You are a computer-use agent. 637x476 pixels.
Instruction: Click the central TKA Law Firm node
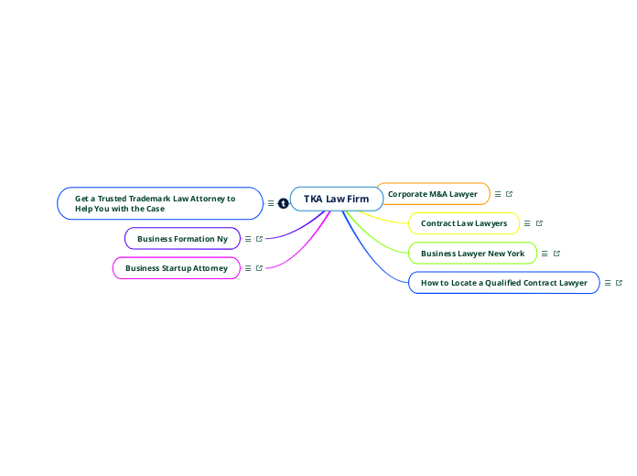(x=336, y=199)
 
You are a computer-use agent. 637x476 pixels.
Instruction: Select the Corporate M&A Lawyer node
(x=433, y=194)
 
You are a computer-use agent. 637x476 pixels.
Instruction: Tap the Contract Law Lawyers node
(x=463, y=223)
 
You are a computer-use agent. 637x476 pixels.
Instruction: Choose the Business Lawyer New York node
(x=472, y=253)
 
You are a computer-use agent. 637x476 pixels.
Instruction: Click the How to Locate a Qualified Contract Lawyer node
(x=503, y=283)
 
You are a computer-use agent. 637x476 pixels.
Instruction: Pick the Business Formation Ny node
(x=182, y=239)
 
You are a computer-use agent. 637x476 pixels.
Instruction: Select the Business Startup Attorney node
(x=176, y=268)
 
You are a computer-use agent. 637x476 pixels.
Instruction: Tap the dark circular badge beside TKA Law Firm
(x=284, y=203)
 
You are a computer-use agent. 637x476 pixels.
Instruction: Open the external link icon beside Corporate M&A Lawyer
(x=510, y=194)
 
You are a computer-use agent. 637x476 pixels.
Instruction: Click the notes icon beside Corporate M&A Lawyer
(x=498, y=194)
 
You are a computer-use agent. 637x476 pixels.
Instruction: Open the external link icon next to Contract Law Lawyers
(x=539, y=223)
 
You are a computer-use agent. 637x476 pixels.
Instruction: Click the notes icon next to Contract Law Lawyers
(x=527, y=223)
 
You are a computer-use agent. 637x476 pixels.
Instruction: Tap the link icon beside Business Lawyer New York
(x=556, y=254)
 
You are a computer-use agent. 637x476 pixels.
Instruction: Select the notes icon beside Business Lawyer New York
(x=545, y=254)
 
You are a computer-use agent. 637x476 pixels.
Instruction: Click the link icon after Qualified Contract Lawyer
(x=620, y=283)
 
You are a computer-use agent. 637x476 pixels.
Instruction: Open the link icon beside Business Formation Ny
(x=259, y=239)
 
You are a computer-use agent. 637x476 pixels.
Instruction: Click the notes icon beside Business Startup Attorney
(x=248, y=268)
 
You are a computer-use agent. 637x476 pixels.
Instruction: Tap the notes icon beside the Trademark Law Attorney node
(x=271, y=203)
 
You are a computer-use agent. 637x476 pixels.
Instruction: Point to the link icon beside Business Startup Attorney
(x=259, y=268)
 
